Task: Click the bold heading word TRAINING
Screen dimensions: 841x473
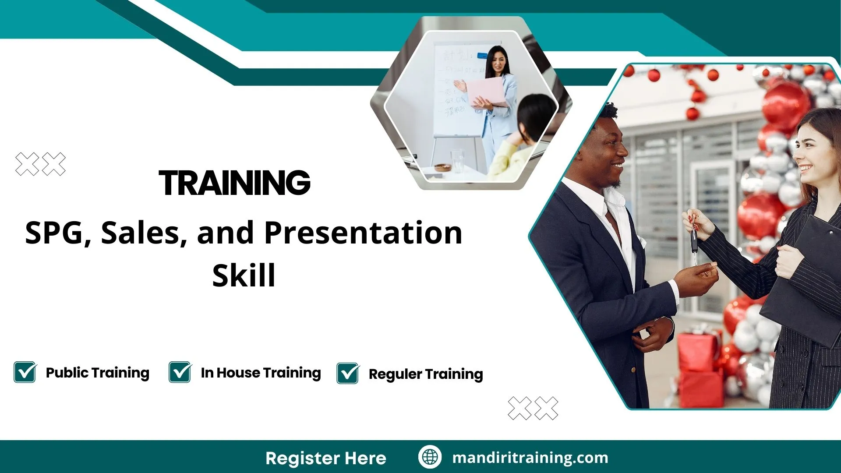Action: point(235,183)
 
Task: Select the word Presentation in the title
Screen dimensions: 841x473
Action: point(363,233)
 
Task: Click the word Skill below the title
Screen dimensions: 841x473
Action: point(244,275)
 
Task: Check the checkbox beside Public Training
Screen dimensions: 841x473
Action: point(25,372)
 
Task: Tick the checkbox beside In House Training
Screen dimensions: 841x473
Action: point(180,372)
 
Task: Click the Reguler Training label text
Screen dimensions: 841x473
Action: point(426,374)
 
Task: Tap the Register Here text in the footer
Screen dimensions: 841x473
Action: point(326,459)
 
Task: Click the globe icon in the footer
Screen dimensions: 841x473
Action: point(430,457)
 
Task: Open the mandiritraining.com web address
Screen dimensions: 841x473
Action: point(530,458)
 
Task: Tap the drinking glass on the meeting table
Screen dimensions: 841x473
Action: point(457,161)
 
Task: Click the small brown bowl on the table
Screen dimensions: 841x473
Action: point(442,167)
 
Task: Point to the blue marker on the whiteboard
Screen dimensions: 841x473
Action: point(482,56)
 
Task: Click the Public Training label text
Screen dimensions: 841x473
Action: point(98,373)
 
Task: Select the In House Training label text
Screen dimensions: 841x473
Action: point(261,373)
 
